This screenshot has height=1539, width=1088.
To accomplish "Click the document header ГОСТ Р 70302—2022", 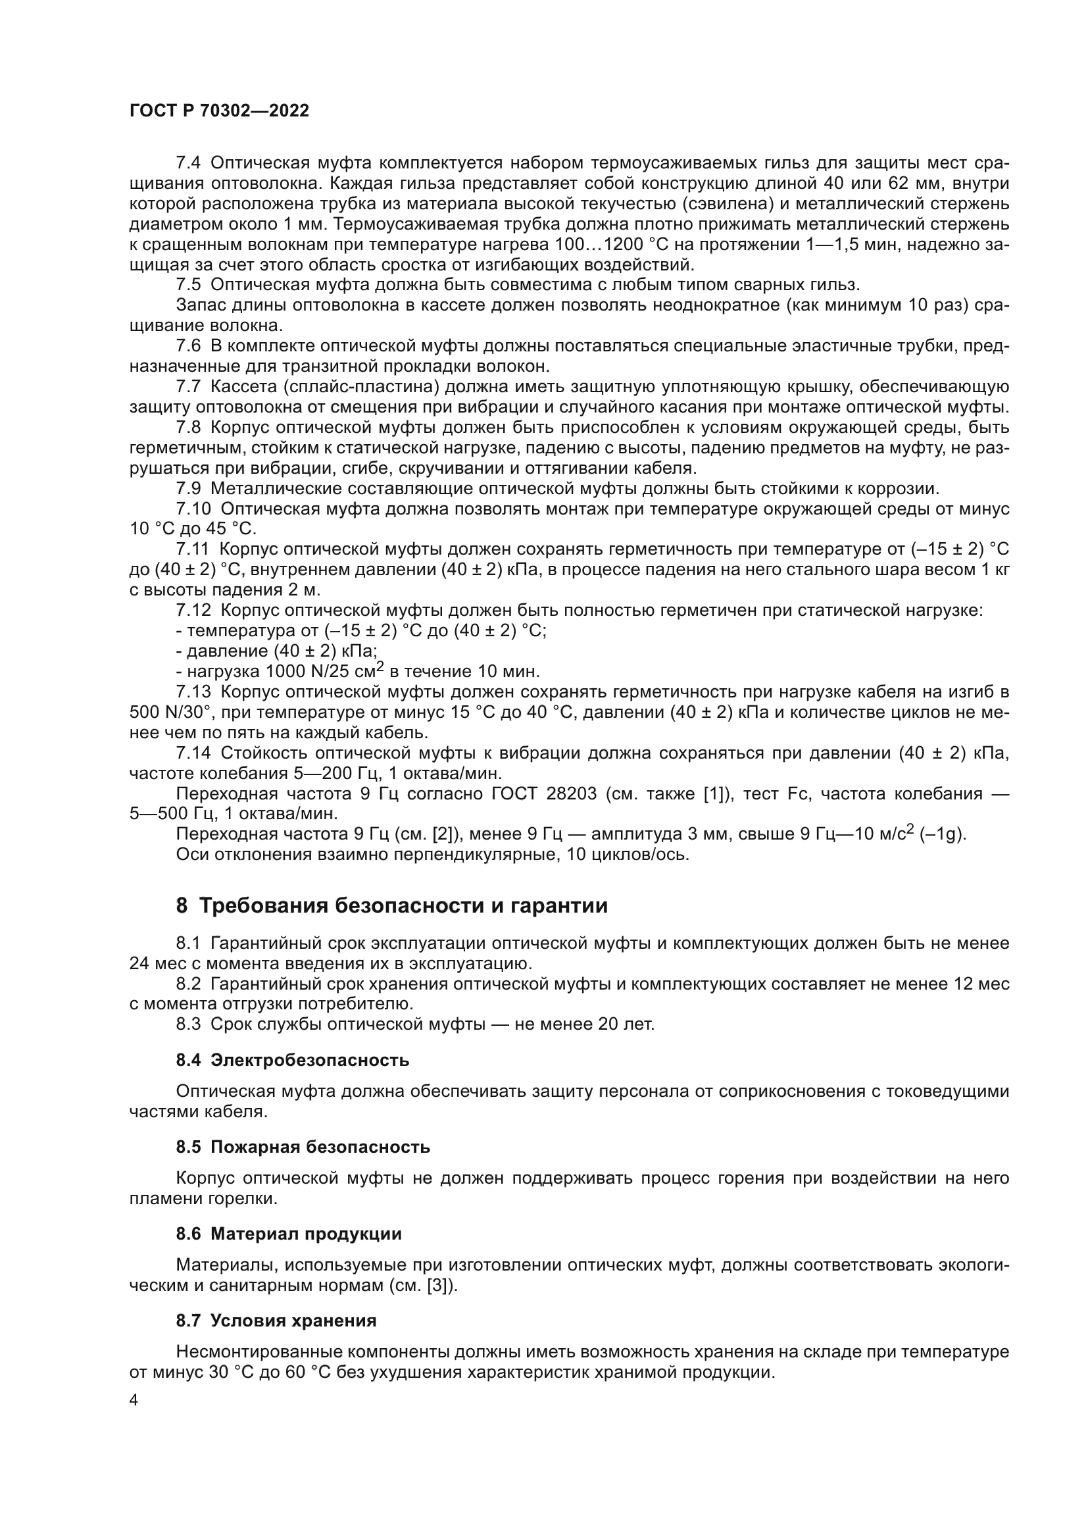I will point(219,111).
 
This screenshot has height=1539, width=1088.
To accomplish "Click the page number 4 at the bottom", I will point(134,1400).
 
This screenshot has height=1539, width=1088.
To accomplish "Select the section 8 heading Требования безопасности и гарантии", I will point(392,905).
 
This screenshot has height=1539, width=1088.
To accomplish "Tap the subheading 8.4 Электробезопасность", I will point(293,1061).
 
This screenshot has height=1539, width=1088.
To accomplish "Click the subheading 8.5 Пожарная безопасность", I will point(303,1147).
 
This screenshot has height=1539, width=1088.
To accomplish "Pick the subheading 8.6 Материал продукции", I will point(289,1234).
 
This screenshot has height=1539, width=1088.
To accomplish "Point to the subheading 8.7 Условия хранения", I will point(276,1321).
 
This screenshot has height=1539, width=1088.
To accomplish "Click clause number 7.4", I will point(189,163).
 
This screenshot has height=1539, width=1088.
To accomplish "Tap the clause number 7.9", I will point(189,489).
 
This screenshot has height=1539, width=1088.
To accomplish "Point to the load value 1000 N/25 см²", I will point(324,672).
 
